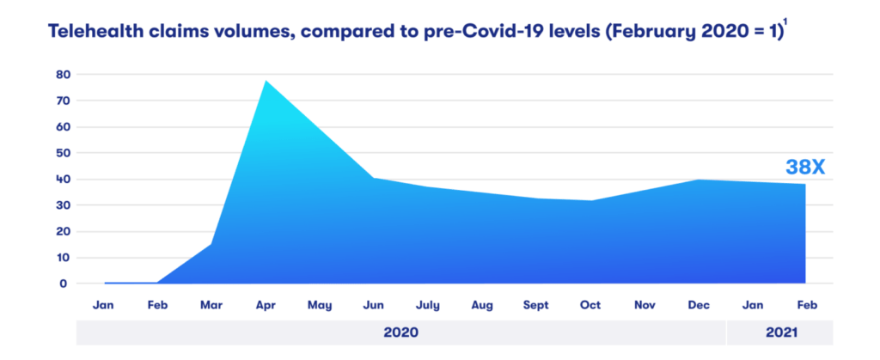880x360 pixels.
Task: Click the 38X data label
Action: (804, 168)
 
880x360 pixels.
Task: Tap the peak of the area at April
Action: (266, 81)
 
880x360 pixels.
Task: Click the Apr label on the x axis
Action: (266, 305)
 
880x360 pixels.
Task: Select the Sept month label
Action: (535, 305)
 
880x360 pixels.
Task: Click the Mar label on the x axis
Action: (211, 305)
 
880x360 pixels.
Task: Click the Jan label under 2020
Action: (103, 305)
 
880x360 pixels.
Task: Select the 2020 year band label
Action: (400, 332)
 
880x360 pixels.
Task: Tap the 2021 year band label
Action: (779, 332)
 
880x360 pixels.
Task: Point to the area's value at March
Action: (211, 244)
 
